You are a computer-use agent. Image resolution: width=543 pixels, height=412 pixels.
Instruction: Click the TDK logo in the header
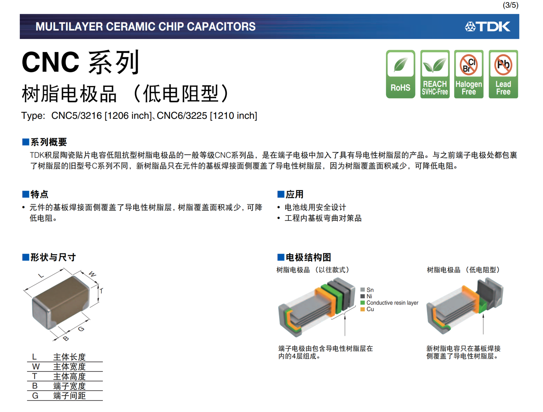(488, 26)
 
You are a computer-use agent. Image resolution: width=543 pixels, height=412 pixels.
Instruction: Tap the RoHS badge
(400, 74)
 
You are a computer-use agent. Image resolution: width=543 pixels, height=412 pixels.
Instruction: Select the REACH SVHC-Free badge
(435, 74)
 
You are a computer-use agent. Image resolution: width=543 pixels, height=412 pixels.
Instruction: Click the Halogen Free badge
(469, 74)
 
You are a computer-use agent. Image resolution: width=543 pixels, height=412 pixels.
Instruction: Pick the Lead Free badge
(503, 74)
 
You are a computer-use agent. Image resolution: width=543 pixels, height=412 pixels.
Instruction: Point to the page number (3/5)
(510, 5)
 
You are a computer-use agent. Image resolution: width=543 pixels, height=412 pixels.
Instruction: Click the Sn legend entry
(367, 290)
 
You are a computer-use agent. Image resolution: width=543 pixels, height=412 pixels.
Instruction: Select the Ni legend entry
(366, 296)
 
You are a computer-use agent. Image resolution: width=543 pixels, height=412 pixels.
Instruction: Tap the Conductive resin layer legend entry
(389, 303)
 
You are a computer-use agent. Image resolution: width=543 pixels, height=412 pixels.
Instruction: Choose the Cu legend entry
(367, 309)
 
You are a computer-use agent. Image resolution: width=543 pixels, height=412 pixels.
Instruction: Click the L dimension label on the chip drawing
(41, 276)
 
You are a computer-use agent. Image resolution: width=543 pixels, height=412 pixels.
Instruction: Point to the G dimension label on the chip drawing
(81, 329)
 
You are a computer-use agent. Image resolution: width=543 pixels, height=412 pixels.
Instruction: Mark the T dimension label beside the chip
(101, 291)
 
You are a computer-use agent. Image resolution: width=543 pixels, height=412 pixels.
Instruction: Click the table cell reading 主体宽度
(69, 367)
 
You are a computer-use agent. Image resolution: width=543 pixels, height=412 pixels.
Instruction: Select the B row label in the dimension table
(35, 386)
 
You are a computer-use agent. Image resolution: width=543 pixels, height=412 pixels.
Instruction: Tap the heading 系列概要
(49, 142)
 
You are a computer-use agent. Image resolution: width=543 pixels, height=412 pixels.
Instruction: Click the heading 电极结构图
(308, 257)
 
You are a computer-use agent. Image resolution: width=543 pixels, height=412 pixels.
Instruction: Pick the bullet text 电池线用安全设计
(315, 207)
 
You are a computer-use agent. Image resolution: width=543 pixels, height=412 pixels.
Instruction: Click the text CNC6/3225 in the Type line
(182, 116)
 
